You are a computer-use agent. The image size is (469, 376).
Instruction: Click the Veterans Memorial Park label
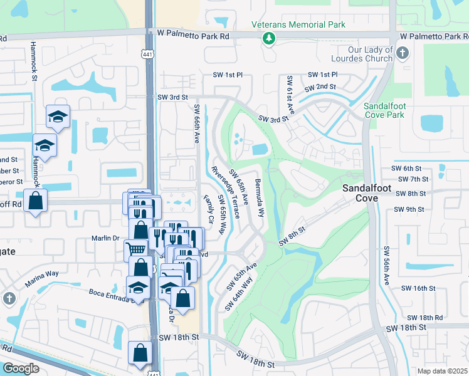(298, 24)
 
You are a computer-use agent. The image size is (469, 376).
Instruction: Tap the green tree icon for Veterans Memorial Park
(269, 39)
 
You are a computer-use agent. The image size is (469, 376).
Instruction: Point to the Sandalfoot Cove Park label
(384, 111)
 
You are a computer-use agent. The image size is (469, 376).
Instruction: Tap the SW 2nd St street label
(320, 86)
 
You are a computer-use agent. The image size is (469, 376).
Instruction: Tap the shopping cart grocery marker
(135, 249)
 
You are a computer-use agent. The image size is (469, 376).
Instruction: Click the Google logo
(21, 368)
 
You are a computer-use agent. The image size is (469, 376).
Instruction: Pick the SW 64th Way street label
(238, 291)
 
